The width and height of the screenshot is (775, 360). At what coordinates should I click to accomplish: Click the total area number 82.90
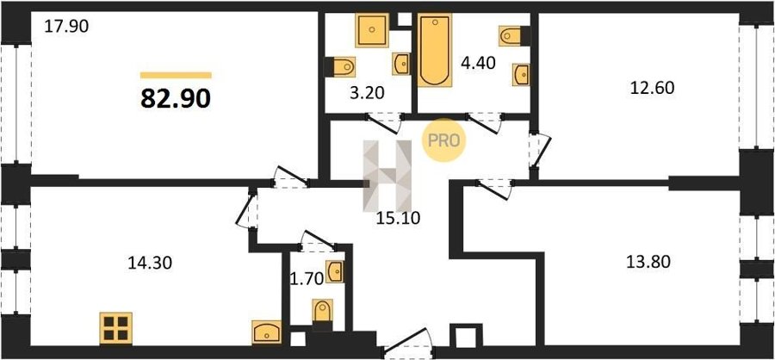(176, 99)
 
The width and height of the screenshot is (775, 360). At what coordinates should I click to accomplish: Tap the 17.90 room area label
(66, 26)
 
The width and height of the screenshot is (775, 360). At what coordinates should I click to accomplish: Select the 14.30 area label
(150, 263)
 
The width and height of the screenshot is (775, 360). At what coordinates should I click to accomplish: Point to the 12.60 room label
(652, 88)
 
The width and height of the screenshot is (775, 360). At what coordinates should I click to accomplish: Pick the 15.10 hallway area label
(398, 218)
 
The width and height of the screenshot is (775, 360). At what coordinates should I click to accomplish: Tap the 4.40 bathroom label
(477, 64)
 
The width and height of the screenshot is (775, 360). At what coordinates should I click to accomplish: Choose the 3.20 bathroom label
(367, 93)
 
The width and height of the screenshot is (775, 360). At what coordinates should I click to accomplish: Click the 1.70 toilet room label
(307, 279)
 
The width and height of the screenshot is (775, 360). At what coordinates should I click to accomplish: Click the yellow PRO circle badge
(443, 140)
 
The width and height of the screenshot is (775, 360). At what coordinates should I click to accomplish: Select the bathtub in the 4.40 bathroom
(435, 50)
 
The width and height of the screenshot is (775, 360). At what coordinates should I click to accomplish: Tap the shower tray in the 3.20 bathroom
(372, 31)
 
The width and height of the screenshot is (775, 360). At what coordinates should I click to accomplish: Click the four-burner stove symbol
(116, 328)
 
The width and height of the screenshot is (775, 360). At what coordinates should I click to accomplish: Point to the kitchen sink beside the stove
(266, 332)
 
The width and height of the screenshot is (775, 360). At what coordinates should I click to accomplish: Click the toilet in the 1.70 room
(323, 311)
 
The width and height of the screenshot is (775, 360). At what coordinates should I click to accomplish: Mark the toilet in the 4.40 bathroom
(511, 35)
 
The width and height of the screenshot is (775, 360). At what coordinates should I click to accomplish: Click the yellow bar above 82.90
(176, 75)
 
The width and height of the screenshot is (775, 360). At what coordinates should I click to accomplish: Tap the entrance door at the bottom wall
(408, 344)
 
